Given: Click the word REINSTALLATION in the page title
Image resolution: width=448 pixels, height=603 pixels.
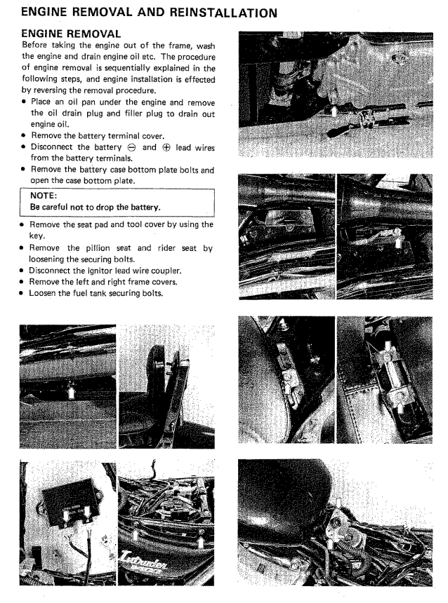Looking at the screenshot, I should (x=203, y=12).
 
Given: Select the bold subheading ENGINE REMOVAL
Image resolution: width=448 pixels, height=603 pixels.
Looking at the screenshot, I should (x=71, y=34).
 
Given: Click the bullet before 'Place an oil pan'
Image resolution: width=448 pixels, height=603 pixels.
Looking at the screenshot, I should (x=25, y=101).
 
